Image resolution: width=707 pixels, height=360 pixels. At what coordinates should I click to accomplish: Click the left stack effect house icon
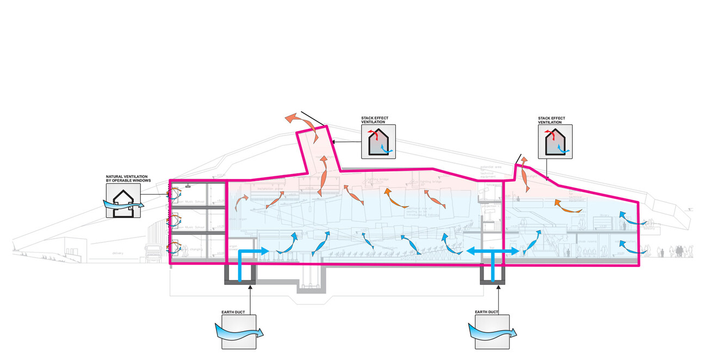(x=379, y=141)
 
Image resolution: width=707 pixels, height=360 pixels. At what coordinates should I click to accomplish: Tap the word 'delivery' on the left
(x=117, y=252)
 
